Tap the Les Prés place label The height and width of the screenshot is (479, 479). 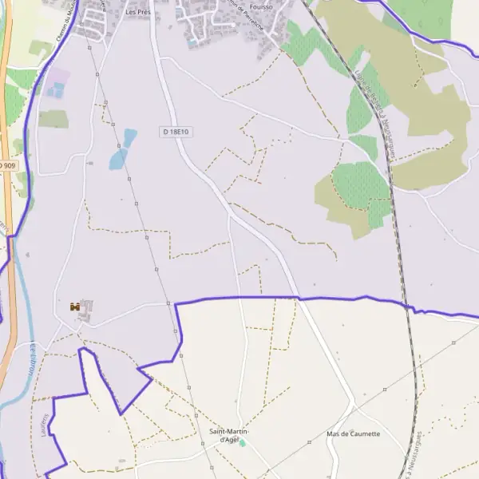[139, 13]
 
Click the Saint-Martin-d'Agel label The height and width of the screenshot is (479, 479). [229, 435]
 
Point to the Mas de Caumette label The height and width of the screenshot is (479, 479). [354, 434]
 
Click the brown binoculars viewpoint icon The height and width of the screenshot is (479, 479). [75, 307]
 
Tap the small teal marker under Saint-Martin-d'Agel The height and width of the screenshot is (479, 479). [243, 443]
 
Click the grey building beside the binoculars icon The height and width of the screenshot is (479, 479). [86, 310]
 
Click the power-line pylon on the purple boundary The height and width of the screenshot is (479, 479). [169, 303]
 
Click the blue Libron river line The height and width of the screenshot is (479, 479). [24, 319]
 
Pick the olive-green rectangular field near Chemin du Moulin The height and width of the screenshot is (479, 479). [53, 119]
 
